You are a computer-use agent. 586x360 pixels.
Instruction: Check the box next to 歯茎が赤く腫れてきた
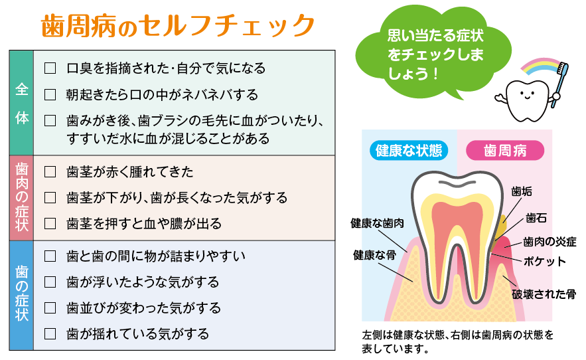coord(50,172)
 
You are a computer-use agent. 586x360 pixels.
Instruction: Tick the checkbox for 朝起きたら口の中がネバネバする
coord(50,95)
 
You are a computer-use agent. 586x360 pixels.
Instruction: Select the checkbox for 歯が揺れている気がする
coord(50,334)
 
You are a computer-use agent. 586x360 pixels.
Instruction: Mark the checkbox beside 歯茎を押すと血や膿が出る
coord(50,224)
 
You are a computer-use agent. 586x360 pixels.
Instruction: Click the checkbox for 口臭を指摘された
coord(50,68)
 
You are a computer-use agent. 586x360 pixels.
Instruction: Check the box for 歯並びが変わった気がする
coord(50,308)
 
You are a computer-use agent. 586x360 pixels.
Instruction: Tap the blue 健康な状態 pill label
coord(409,150)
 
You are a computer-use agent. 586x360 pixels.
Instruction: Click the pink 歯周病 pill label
coord(505,150)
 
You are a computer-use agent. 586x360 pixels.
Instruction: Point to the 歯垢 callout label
coord(522,191)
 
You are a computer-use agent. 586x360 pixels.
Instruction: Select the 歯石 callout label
coord(536,218)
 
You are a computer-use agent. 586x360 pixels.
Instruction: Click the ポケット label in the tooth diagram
coord(544,261)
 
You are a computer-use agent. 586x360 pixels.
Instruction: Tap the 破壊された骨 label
coord(544,294)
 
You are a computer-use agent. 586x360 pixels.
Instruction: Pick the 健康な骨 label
coord(374,255)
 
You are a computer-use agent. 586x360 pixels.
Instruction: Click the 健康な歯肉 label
coord(377,223)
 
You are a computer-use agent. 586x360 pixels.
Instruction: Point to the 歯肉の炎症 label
coord(549,242)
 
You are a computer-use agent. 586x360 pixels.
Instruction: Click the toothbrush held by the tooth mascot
coord(559,84)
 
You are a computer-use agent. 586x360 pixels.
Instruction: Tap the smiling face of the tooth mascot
coord(527,94)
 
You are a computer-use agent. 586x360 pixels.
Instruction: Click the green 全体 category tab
coord(22,103)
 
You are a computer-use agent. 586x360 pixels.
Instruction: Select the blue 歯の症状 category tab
coord(22,296)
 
